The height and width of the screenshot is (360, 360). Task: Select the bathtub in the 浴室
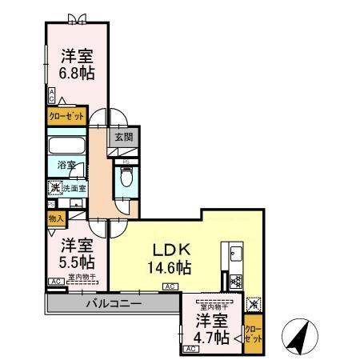click(65, 147)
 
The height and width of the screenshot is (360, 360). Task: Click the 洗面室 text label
click(73, 189)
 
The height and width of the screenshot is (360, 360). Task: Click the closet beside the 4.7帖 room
click(253, 329)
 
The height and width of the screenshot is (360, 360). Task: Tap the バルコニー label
click(114, 305)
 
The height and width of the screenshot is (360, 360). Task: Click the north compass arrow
click(298, 337)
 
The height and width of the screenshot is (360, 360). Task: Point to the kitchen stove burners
click(236, 282)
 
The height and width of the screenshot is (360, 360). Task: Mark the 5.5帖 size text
click(77, 262)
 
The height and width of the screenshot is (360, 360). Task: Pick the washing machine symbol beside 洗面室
click(54, 189)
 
